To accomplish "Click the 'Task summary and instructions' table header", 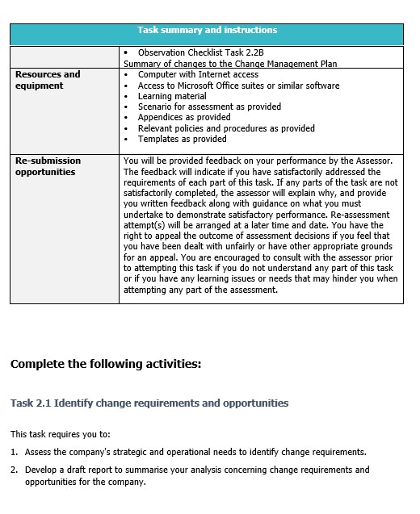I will [x=207, y=31].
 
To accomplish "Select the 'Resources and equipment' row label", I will [x=48, y=80].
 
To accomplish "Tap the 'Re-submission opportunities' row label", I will [x=48, y=166].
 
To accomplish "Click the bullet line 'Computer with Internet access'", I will [x=198, y=74].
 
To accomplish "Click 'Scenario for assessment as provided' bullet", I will [x=209, y=107].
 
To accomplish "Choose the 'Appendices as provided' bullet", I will [x=183, y=117].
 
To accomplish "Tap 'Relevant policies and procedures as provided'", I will [x=226, y=128].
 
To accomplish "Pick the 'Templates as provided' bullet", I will [x=182, y=139].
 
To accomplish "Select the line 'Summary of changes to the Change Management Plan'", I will [x=230, y=64].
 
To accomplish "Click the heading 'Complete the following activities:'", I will [x=105, y=364].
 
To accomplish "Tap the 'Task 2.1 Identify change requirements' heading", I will [x=149, y=403].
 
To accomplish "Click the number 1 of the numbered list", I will [x=14, y=453].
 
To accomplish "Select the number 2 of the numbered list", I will [x=14, y=470].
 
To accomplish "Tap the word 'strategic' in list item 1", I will [x=119, y=453].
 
